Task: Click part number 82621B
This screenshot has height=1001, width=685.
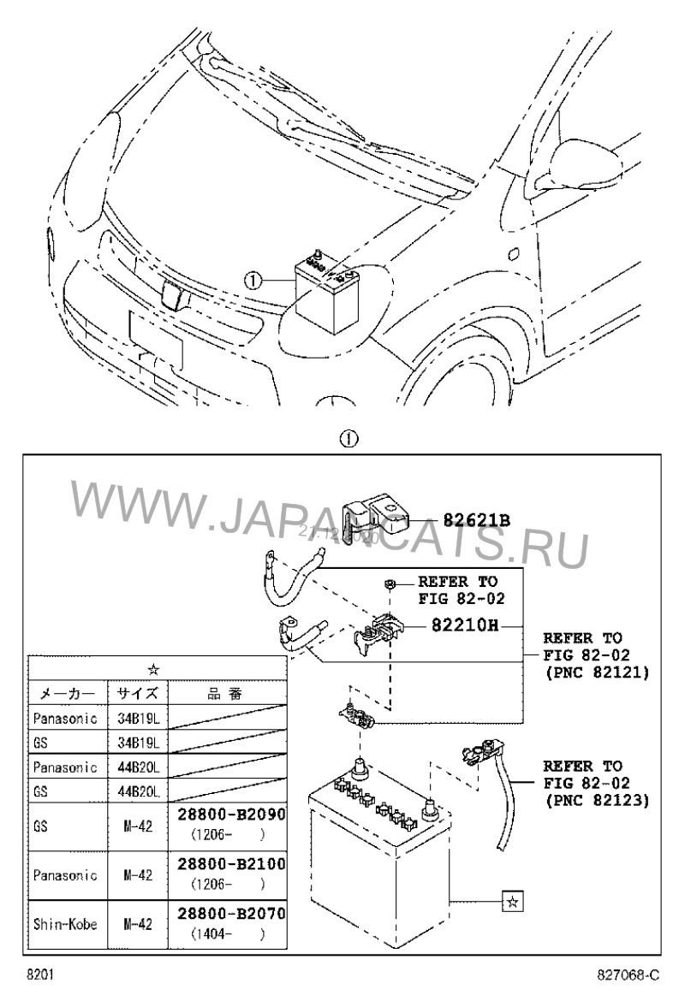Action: click(476, 519)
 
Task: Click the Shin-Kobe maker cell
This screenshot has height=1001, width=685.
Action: click(66, 924)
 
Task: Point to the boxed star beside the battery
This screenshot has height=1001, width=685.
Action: click(511, 901)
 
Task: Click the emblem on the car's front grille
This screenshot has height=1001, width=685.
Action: click(173, 295)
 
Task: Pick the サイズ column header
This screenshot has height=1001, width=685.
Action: click(137, 693)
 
